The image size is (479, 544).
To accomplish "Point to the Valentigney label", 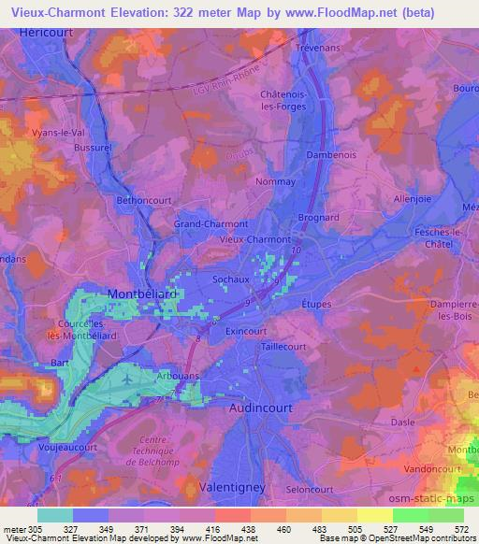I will point(232,488).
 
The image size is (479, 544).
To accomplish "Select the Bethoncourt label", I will point(144,201).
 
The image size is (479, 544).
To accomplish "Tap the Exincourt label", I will point(245,331).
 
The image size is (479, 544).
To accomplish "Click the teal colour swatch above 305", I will point(55,514).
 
